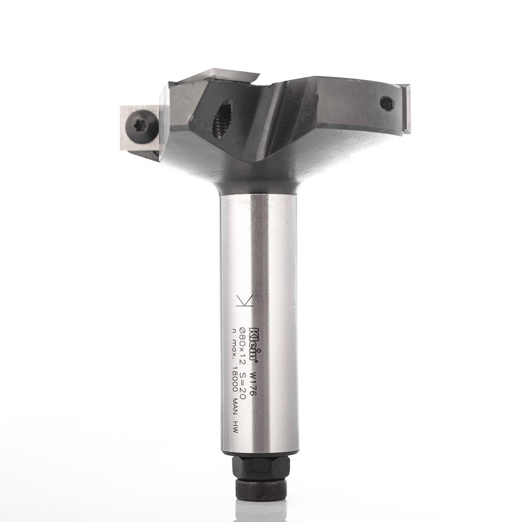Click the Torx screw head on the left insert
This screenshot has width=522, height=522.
141,127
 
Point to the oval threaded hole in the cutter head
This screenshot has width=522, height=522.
222,120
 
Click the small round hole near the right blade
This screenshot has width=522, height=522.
387,103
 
